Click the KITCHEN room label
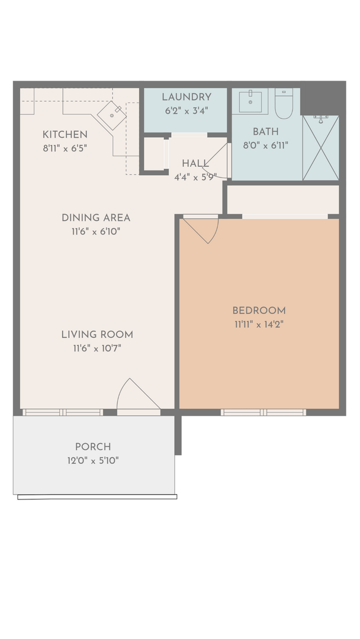point(65,134)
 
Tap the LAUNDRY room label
point(187,97)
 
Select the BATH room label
point(265,131)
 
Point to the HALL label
point(195,163)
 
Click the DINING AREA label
point(96,218)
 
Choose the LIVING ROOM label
point(97,334)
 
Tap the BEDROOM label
point(259,311)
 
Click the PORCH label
point(93,447)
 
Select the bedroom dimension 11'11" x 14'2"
point(259,325)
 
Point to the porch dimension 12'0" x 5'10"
point(93,461)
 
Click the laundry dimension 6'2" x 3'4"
point(187,111)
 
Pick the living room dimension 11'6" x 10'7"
point(97,348)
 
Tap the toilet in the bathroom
point(284,104)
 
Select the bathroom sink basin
point(250,102)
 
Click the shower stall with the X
point(321,147)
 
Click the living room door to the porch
point(139,395)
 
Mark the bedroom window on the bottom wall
point(263,412)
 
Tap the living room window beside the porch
point(63,412)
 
